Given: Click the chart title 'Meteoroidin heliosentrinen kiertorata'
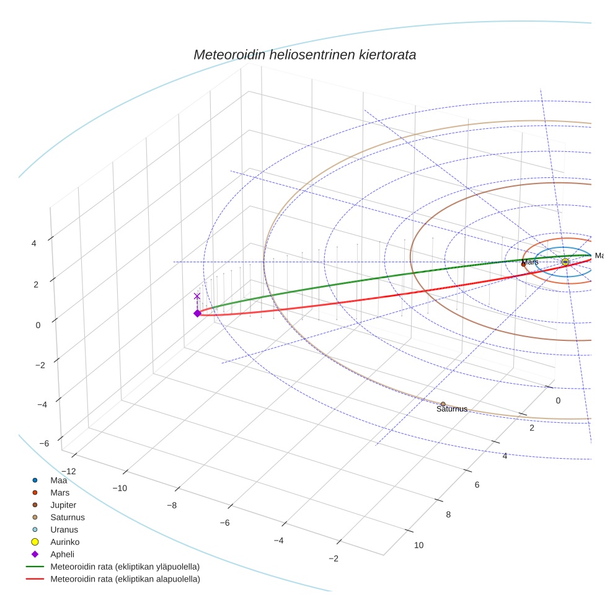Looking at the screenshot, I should (x=304, y=55).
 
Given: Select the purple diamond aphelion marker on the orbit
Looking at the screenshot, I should (x=197, y=313).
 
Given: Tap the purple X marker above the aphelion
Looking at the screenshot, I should (x=197, y=296).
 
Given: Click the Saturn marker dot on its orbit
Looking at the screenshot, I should (x=443, y=404).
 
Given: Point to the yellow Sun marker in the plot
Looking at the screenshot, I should (x=565, y=262).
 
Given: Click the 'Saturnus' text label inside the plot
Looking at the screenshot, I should (x=452, y=409).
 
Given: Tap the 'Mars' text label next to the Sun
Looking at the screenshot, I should (x=530, y=262).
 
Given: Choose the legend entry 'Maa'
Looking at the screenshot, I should (x=58, y=480).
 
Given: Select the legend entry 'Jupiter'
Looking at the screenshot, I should (x=63, y=505).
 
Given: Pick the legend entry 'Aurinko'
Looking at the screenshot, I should (x=64, y=542).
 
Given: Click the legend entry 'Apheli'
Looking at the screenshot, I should (x=62, y=554).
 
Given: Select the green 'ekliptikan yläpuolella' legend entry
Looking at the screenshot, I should (x=125, y=567).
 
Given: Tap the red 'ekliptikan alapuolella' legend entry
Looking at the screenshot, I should (x=125, y=579).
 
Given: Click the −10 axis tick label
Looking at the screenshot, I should (x=120, y=488).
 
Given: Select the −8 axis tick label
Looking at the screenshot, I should (x=174, y=505).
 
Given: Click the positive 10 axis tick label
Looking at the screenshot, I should (x=418, y=545).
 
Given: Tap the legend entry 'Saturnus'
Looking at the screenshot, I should (x=68, y=517).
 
